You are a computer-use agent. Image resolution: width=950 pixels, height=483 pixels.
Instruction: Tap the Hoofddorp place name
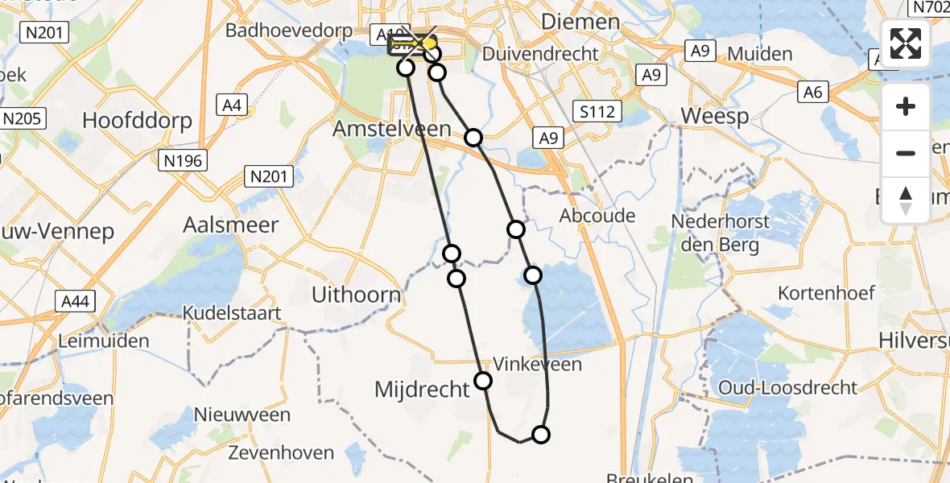click(138, 121)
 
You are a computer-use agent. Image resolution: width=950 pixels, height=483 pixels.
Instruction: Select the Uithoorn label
click(356, 295)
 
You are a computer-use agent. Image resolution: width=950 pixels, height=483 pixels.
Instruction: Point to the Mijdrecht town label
click(422, 390)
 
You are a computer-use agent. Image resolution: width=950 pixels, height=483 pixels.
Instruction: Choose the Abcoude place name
click(598, 215)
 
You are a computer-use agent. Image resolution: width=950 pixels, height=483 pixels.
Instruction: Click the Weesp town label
click(714, 115)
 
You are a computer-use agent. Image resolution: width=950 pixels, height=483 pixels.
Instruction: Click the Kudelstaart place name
click(231, 312)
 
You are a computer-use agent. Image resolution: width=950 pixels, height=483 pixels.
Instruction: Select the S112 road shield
click(597, 111)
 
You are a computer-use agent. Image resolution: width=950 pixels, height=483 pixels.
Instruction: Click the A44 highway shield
click(76, 302)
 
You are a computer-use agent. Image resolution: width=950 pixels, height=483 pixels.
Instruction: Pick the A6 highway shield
click(813, 93)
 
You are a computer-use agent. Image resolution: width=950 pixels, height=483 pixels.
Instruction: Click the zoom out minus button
click(906, 153)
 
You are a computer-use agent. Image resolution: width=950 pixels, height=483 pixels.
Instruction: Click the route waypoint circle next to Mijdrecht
click(483, 381)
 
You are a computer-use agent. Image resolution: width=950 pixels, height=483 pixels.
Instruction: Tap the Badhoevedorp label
click(289, 31)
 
